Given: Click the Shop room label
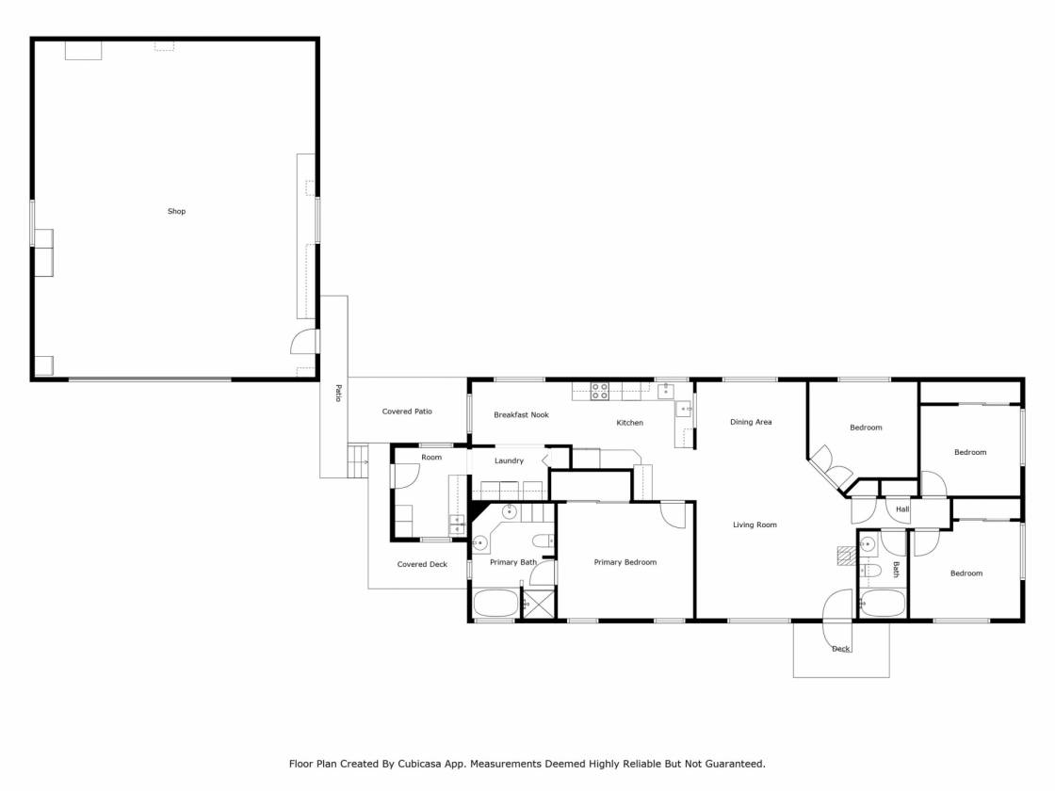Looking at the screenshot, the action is click(176, 211).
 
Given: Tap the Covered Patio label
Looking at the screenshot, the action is click(407, 412).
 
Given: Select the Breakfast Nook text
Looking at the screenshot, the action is click(522, 415).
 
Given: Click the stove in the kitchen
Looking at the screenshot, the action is click(599, 392).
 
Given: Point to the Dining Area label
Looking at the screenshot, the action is click(751, 423).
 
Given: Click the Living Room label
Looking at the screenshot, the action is click(755, 525).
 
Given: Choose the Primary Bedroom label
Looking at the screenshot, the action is click(625, 562).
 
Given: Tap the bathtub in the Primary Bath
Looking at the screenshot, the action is click(495, 603).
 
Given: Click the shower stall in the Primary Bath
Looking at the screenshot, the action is click(540, 604).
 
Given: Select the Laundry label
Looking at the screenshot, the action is click(509, 460).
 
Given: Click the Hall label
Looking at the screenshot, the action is click(902, 509).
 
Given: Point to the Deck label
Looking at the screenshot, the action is click(841, 649).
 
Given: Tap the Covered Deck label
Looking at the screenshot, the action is click(422, 564).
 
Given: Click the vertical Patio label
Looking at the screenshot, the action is click(338, 394).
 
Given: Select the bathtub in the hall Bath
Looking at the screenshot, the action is click(883, 604).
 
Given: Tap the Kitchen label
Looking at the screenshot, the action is click(630, 423).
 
